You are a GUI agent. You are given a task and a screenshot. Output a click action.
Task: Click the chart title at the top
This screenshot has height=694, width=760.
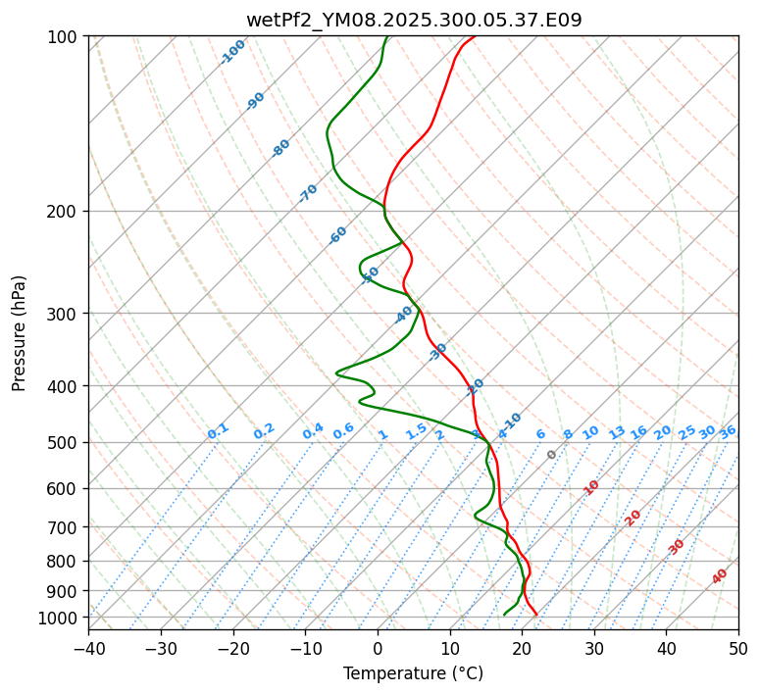pyautogui.click(x=413, y=20)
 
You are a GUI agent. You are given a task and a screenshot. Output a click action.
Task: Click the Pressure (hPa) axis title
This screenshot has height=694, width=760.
pyautogui.click(x=19, y=332)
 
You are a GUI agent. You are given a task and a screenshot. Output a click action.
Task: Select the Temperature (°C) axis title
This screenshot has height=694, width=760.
pyautogui.click(x=413, y=673)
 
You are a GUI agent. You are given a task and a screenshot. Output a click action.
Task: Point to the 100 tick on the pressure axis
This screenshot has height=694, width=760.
pyautogui.click(x=65, y=37)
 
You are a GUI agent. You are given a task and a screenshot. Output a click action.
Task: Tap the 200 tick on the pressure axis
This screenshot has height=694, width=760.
pyautogui.click(x=65, y=211)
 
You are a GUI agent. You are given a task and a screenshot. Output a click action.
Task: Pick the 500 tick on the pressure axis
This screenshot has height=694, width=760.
pyautogui.click(x=65, y=442)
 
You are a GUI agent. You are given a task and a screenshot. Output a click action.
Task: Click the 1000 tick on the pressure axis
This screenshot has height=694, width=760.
pyautogui.click(x=61, y=618)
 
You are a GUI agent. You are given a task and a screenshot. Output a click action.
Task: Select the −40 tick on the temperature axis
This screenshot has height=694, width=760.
pyautogui.click(x=88, y=648)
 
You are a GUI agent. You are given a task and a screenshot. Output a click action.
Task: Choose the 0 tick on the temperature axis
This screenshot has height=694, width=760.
pyautogui.click(x=378, y=648)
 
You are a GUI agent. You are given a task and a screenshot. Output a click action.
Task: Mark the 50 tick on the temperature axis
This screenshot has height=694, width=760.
pyautogui.click(x=738, y=648)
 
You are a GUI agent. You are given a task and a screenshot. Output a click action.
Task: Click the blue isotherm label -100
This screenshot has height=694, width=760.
pyautogui.click(x=232, y=52)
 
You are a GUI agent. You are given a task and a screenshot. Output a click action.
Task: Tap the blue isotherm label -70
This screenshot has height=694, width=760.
pyautogui.click(x=308, y=193)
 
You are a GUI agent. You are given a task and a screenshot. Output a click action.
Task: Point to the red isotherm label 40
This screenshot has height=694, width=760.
pyautogui.click(x=720, y=576)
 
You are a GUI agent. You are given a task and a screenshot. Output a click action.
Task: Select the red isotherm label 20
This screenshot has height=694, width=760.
pyautogui.click(x=633, y=517)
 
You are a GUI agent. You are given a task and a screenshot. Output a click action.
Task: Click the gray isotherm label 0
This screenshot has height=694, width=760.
pyautogui.click(x=552, y=455)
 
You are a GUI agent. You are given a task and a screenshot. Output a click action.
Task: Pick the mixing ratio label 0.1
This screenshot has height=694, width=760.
pyautogui.click(x=218, y=431)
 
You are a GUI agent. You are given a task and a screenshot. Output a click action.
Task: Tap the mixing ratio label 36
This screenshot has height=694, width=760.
pyautogui.click(x=728, y=431)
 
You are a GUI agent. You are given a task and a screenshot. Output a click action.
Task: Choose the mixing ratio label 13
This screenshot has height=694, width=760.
pyautogui.click(x=617, y=432)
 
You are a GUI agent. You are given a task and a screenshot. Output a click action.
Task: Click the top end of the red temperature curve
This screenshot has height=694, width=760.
pyautogui.click(x=475, y=36)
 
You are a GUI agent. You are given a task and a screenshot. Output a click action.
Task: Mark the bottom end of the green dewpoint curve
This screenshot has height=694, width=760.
pyautogui.click(x=504, y=615)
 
